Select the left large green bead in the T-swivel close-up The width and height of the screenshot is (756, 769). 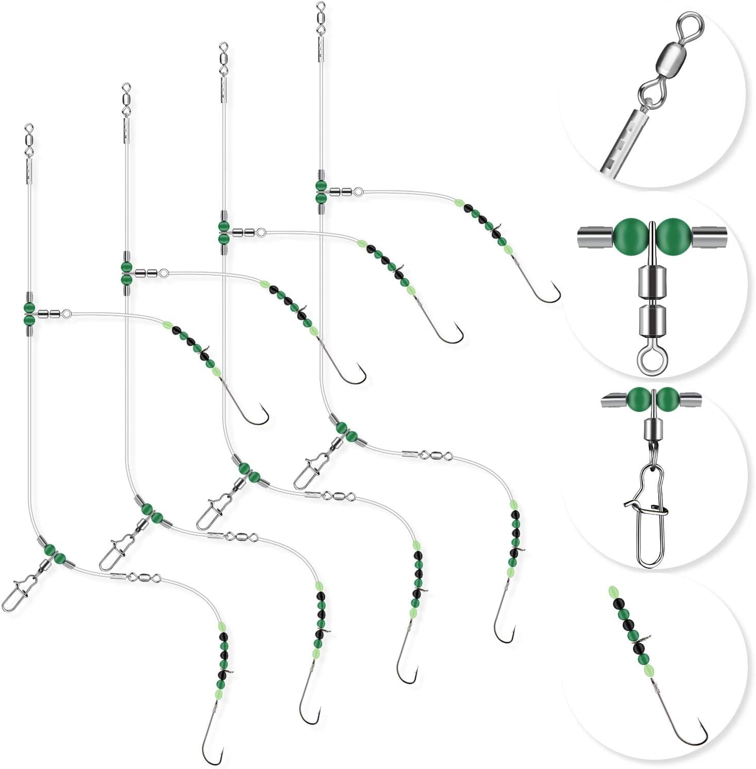tap(629, 234)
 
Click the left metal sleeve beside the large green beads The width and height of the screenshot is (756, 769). tap(594, 236)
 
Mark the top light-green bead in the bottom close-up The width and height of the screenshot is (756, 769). tap(613, 591)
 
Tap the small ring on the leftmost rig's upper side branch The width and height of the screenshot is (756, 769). tap(66, 313)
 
